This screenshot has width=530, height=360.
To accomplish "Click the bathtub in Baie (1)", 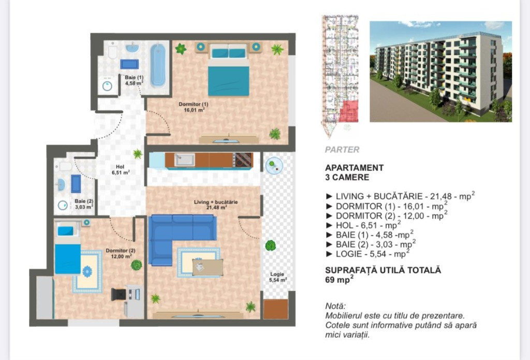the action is tap(158, 65).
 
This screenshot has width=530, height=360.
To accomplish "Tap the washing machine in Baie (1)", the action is tap(107, 85).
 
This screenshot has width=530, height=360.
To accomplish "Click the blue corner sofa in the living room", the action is tap(176, 237).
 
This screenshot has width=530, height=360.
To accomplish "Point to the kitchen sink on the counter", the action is tap(185, 160).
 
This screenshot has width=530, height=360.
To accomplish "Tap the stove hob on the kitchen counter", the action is tap(243, 160).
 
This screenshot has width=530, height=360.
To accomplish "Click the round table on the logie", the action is tap(274, 165).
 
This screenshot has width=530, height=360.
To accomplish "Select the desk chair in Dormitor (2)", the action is tap(119, 294).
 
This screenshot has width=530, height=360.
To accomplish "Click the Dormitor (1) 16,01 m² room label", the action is tap(194, 107).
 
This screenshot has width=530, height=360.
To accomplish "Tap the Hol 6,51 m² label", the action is tap(120, 169).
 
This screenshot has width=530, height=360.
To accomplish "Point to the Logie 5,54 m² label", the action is tap(277, 277).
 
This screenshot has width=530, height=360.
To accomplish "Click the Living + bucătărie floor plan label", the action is tap(216, 205).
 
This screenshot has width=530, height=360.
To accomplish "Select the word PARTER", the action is tap(342, 150).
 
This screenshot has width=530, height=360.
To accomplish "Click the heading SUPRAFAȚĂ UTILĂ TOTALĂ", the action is tap(383, 270).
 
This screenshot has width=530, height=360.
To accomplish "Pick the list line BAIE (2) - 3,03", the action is tap(371, 244).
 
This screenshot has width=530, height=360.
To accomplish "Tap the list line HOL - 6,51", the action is tap(363, 225).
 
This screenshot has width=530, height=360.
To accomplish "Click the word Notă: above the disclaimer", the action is tap(335, 306).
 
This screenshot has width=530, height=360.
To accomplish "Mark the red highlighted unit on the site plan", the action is tap(348, 111).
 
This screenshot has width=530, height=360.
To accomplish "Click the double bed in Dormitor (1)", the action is tap(228, 70).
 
